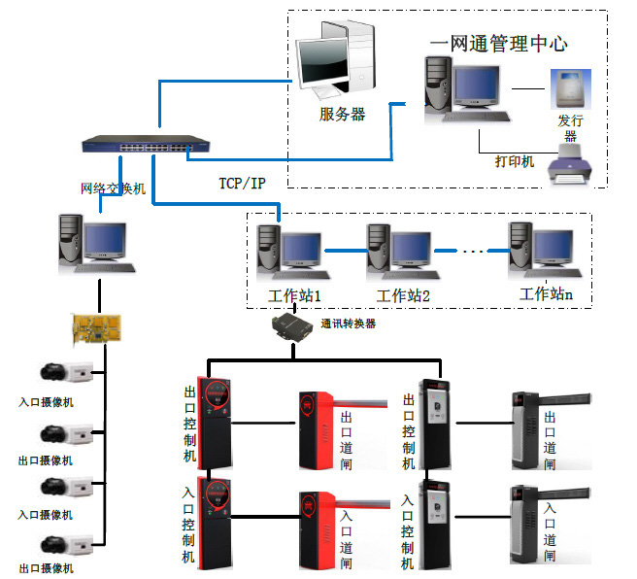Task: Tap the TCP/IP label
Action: pos(241,182)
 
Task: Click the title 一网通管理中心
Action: pos(498,44)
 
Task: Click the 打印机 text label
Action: pos(515,161)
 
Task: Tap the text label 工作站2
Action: pos(403,295)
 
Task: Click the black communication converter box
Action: pos(294,325)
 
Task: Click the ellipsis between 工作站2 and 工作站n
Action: pos(471,252)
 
